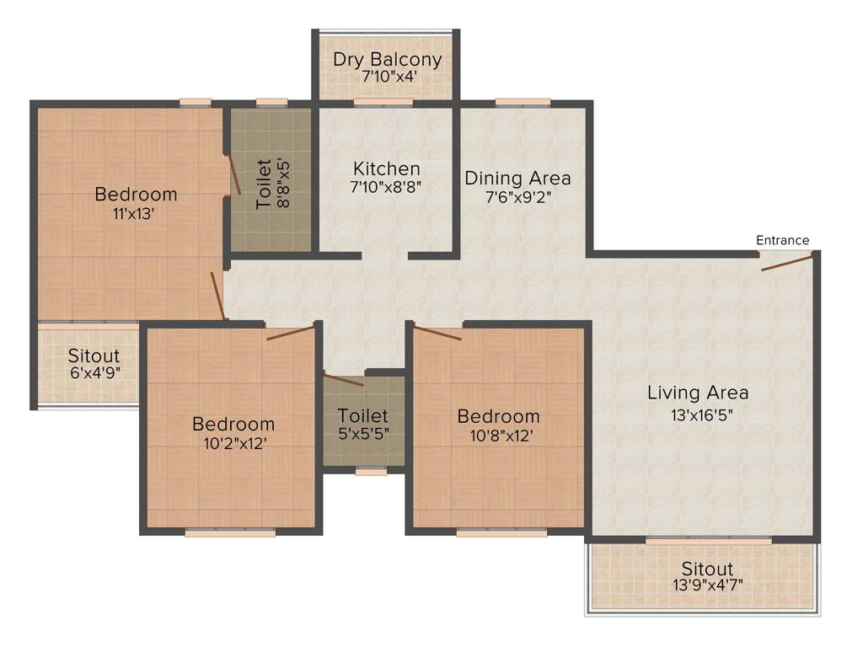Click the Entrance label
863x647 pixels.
click(782, 240)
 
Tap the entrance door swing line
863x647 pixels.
click(787, 264)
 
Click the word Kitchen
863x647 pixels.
click(386, 168)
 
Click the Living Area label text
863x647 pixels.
click(698, 393)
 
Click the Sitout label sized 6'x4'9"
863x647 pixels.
click(94, 356)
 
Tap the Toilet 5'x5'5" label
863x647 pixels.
click(363, 416)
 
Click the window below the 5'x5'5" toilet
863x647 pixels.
click(371, 472)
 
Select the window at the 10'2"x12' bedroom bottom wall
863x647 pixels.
click(230, 532)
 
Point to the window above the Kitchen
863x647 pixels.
click(383, 103)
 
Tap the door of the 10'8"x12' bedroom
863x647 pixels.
click(437, 333)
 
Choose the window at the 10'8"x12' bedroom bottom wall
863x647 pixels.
click(501, 532)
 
